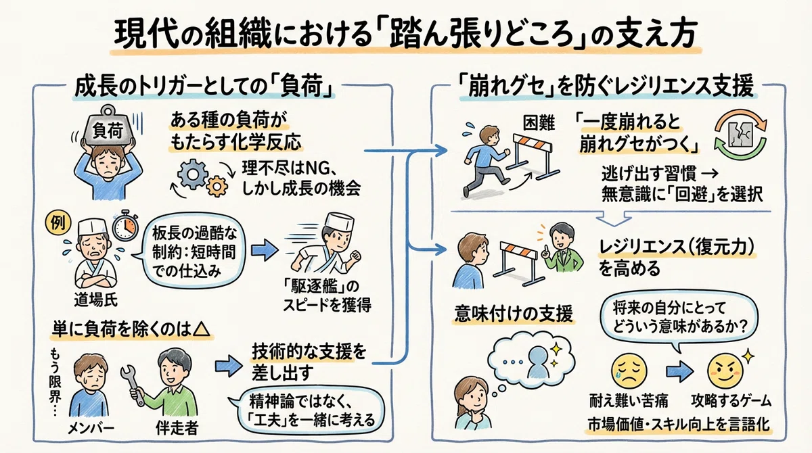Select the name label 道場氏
pos(95,300)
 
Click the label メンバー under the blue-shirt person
pos(91,429)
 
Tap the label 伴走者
pos(177,428)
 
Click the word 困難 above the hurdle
pos(539,123)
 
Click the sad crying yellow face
pos(629,371)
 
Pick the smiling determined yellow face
pos(725,371)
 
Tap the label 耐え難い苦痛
pos(629,401)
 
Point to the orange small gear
pos(217,186)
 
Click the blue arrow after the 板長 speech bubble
pos(265,250)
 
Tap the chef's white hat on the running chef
pos(339,220)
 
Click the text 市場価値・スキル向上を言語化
pos(679,425)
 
